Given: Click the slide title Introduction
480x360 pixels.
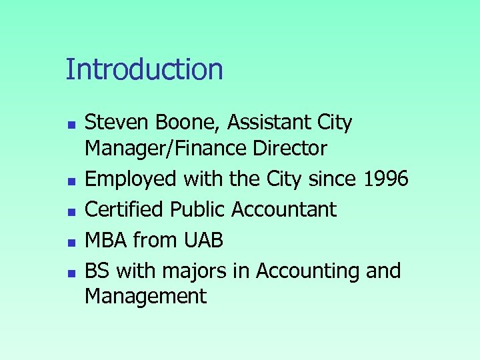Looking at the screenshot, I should click(144, 69).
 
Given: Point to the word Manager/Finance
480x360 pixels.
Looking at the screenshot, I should click(169, 149).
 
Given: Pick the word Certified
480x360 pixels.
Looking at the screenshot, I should click(125, 209).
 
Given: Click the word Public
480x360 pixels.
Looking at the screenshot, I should click(199, 209).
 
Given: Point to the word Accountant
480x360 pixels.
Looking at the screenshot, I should click(284, 209).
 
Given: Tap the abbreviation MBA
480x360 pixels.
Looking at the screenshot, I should click(106, 240).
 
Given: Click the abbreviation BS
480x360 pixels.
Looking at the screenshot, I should click(97, 271).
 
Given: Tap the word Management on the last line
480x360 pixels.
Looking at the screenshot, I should click(145, 296).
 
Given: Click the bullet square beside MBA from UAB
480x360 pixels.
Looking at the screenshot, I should click(71, 241).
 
